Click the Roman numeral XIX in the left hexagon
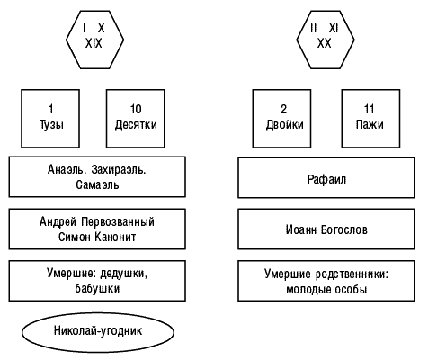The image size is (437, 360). (94, 43)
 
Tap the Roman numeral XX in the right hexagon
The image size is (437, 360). (324, 43)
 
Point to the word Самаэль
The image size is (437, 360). (97, 184)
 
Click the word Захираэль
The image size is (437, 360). (119, 169)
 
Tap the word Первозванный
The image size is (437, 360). (118, 222)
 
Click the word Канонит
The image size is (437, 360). (115, 237)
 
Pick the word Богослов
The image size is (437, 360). (344, 229)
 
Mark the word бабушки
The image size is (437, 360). (97, 288)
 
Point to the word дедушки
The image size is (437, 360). (123, 274)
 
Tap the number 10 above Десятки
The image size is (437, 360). (136, 109)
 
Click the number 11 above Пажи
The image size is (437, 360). (369, 109)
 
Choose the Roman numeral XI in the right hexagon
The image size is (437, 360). (334, 28)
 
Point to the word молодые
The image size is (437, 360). (308, 290)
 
